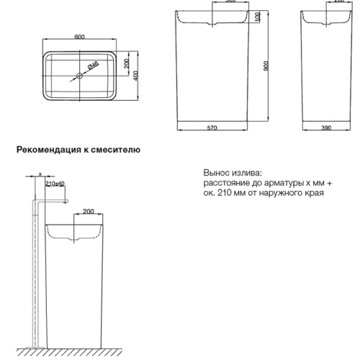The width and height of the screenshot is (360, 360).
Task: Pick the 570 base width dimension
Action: point(212,128)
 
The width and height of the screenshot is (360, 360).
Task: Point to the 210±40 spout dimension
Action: point(55,184)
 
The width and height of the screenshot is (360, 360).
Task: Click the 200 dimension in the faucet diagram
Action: point(89,212)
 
